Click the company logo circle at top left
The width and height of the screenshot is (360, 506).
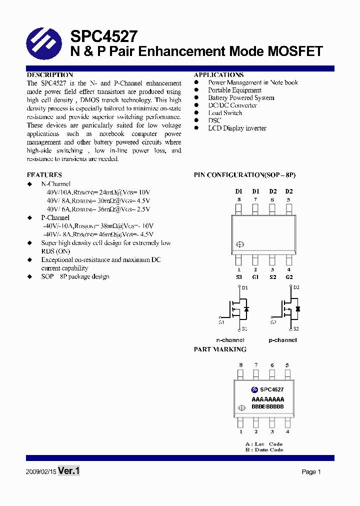44,43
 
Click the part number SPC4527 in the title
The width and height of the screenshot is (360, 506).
104,36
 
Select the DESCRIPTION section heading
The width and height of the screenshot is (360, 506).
50,75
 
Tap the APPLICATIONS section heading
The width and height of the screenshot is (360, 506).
219,75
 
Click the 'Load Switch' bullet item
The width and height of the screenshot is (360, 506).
225,113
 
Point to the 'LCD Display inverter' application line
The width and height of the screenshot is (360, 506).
237,128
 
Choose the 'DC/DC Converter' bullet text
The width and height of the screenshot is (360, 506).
232,105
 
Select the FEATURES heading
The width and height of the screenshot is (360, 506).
44,175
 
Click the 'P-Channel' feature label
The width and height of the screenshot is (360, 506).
55,218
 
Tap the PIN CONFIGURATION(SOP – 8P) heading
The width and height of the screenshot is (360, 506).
244,175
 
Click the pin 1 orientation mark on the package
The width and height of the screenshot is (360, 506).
239,244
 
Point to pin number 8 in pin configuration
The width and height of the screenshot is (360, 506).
239,200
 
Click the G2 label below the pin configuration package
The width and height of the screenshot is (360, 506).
289,277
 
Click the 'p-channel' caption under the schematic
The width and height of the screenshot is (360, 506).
282,340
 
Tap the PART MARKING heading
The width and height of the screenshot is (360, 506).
220,349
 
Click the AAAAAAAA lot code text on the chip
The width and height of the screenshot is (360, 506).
267,399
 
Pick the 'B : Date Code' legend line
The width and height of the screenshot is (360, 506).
264,450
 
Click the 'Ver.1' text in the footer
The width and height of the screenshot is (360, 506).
69,471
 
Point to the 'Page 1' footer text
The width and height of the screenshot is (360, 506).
311,472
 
